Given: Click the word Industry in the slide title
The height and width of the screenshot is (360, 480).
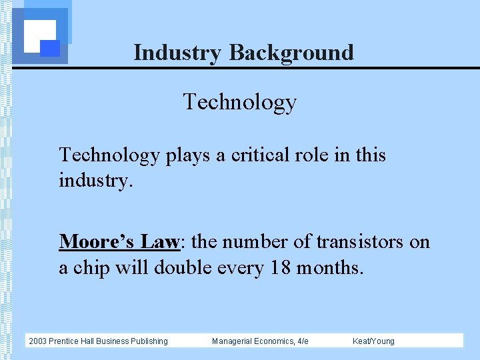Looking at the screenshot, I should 177,53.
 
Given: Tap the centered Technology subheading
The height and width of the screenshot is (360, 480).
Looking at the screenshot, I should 239,102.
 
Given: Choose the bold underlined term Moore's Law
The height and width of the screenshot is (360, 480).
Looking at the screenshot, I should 119,241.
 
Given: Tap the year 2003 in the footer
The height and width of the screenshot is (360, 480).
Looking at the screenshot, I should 37,341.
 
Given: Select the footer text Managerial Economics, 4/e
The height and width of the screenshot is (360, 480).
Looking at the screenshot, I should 260,341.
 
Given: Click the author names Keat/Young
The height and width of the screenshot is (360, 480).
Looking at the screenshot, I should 373,341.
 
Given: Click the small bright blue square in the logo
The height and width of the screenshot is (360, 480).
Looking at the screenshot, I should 50,48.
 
